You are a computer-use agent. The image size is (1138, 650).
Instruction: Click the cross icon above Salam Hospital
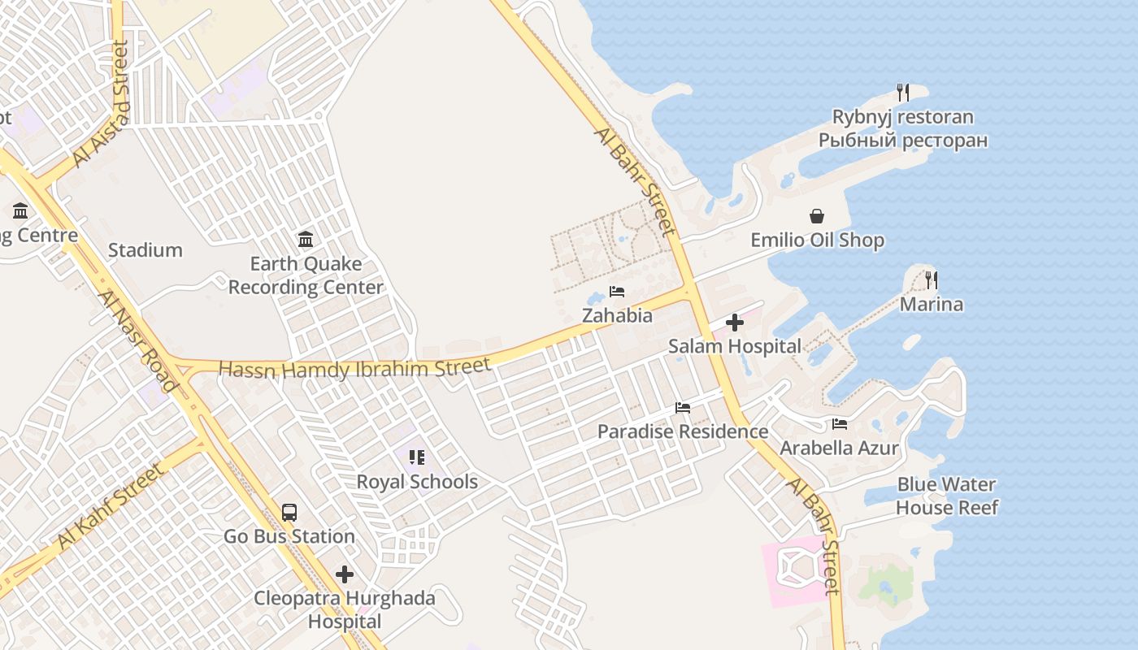[735, 323]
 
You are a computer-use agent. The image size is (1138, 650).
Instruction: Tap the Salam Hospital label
[735, 346]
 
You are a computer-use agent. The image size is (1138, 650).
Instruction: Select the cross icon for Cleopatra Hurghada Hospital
[345, 574]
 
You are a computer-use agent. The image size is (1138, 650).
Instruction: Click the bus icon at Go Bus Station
[289, 513]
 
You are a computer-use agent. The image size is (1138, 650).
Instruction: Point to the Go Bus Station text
[289, 536]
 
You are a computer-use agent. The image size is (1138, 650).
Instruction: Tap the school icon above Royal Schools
[417, 457]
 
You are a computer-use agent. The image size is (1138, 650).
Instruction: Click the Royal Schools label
[417, 482]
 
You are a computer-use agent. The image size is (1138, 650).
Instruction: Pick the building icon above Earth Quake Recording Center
[306, 239]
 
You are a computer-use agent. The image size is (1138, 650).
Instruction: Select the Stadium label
[146, 250]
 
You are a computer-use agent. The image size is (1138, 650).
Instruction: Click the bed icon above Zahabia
[617, 292]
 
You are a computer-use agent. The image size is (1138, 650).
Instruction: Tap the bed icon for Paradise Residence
[683, 408]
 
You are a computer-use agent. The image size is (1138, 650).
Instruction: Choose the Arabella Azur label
[840, 448]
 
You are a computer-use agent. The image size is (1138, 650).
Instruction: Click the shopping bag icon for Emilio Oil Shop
[817, 216]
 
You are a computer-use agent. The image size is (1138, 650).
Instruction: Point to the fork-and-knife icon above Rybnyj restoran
[902, 92]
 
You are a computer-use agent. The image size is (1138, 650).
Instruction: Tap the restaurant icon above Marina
[932, 280]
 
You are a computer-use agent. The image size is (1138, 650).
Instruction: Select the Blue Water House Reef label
[947, 496]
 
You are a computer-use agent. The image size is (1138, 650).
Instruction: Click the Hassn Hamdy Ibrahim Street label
[354, 368]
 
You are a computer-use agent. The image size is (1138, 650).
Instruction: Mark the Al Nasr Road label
[137, 341]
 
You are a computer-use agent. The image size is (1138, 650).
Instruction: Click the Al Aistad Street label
[101, 105]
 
